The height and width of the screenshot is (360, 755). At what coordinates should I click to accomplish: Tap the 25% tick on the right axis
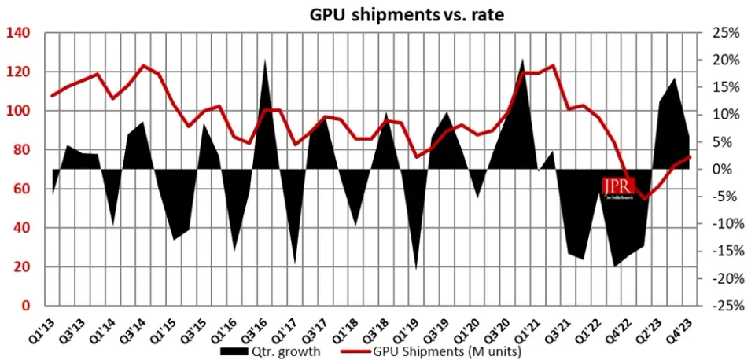[x=721, y=33]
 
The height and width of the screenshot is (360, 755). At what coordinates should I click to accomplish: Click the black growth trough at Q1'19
[x=415, y=268]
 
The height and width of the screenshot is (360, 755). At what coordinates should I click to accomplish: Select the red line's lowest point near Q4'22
[x=646, y=198]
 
